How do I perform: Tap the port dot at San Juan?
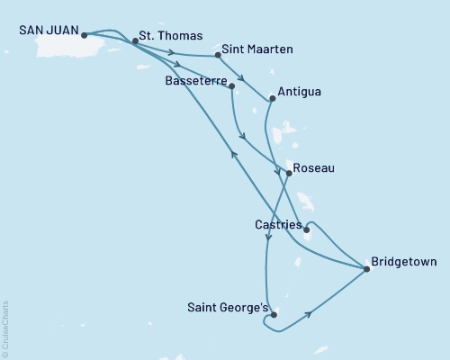(x=84, y=36)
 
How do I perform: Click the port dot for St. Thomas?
(x=135, y=41)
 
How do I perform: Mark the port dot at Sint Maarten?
(x=219, y=56)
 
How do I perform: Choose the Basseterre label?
(x=195, y=80)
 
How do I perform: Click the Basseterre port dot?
(x=232, y=86)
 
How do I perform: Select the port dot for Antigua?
(x=271, y=99)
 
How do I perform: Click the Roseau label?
(x=313, y=167)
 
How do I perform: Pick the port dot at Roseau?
(x=288, y=173)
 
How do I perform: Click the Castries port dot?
(x=307, y=229)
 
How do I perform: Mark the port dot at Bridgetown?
(x=367, y=268)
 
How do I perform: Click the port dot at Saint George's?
(x=274, y=315)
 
